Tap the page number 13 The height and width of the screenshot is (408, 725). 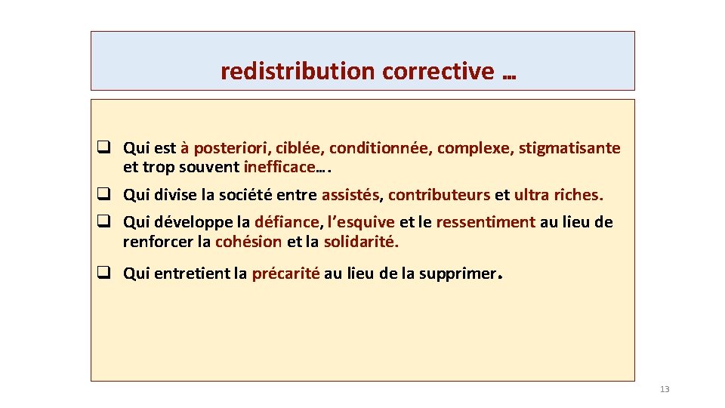(x=665, y=389)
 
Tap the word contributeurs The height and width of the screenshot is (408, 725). (x=439, y=195)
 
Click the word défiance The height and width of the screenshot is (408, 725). (x=287, y=222)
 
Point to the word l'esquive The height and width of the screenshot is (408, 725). (x=361, y=222)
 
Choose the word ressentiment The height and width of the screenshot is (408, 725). (x=486, y=222)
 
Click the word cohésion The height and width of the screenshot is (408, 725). (x=248, y=242)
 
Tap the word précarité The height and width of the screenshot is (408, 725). (x=285, y=274)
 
